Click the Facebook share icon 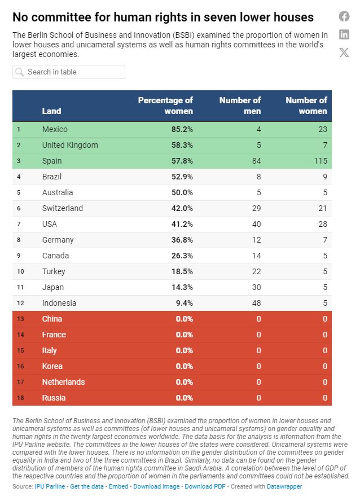(344, 16)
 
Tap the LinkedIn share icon (344, 34)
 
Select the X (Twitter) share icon (344, 52)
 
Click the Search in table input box (69, 72)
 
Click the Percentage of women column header (165, 106)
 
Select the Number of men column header (240, 106)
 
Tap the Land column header (52, 111)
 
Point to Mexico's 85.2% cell (182, 129)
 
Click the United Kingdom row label (70, 145)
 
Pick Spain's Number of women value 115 (319, 161)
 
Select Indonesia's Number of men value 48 (256, 303)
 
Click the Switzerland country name (62, 208)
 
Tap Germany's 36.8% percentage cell (182, 240)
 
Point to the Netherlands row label (63, 382)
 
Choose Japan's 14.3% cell (182, 287)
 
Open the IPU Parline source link (50, 486)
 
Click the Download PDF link (205, 486)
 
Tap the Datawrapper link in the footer (284, 486)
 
